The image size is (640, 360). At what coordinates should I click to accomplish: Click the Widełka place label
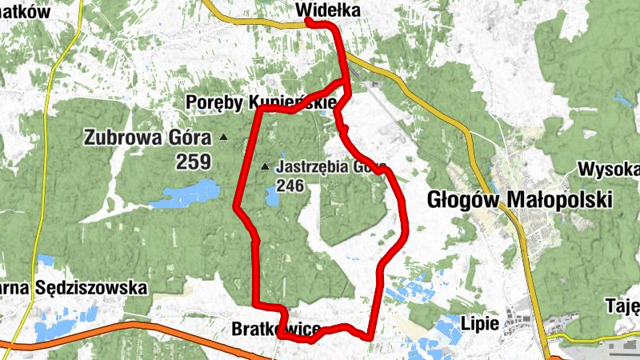tap(328, 10)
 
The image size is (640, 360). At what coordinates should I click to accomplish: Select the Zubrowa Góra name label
tap(147, 137)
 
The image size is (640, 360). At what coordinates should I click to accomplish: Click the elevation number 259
tap(194, 162)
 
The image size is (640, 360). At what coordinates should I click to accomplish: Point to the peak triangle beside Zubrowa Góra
tap(223, 138)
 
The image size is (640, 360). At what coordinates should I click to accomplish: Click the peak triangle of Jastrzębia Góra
tap(266, 167)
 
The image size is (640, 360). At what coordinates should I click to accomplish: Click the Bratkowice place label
tap(275, 329)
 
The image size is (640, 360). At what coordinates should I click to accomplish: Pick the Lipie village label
tap(481, 324)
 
